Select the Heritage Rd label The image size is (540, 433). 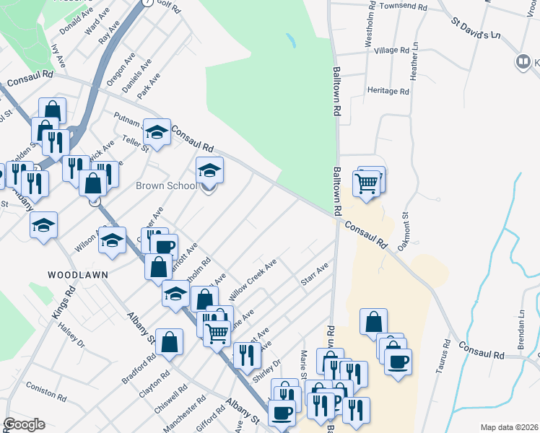click(388, 92)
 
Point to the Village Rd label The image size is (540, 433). click(392, 51)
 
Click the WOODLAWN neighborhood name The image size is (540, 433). click(72, 275)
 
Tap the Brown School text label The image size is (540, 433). click(167, 186)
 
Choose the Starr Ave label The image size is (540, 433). click(315, 274)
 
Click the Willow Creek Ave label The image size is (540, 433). click(253, 281)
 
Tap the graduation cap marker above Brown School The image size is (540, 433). click(209, 170)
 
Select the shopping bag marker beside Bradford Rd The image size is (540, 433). click(168, 343)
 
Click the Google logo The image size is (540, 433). click(24, 424)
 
